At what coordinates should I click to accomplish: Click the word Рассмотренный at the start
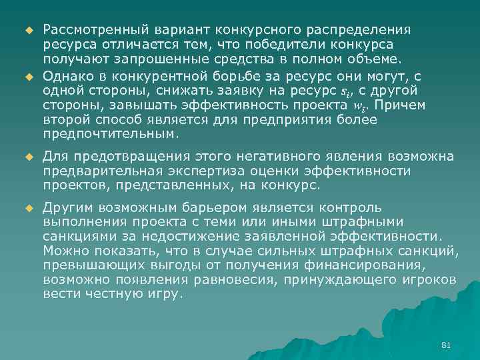coord(85,31)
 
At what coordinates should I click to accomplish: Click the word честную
coord(111,291)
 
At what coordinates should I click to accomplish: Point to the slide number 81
coord(447,344)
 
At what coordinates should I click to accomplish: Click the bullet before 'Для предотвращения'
coord(28,157)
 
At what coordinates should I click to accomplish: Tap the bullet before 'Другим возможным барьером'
coord(28,207)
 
